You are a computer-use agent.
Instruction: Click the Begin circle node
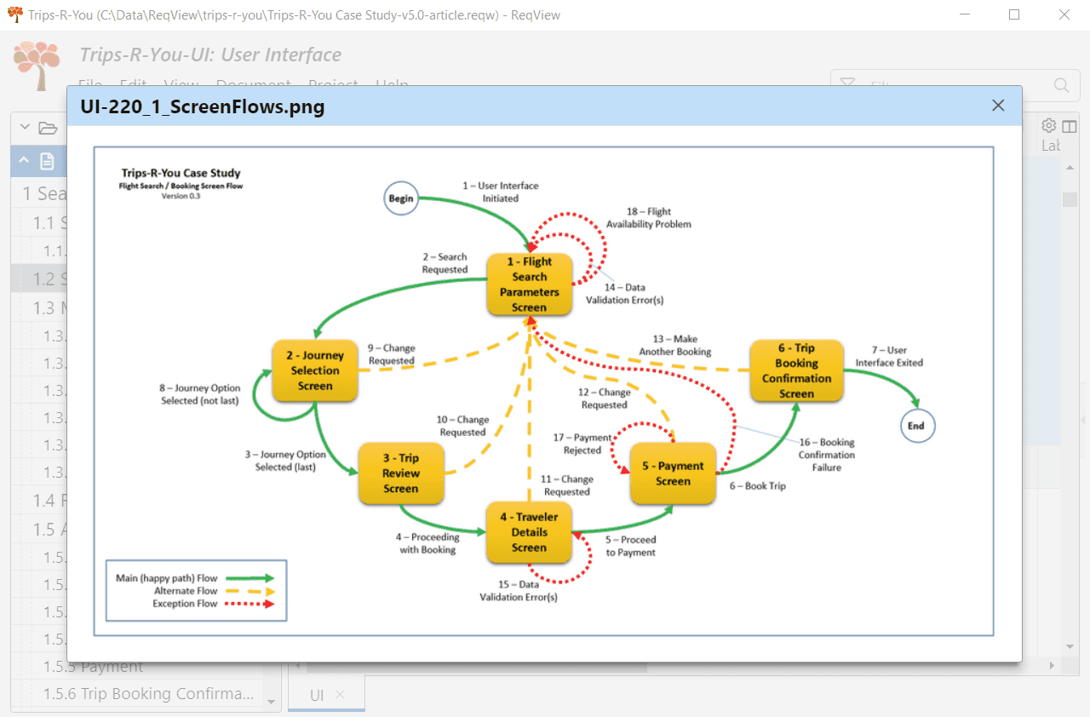pos(401,198)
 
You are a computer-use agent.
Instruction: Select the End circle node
pos(917,426)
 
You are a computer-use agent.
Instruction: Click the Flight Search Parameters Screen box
pos(529,284)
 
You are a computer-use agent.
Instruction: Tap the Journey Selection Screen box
pos(315,370)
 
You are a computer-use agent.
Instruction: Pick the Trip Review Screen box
pos(401,473)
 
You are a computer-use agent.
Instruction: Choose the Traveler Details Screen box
pos(529,532)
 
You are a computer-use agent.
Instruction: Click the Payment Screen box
pos(673,473)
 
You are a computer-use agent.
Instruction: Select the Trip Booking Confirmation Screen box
pos(796,370)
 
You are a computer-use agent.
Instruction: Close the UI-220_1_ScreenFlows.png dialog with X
pos(998,106)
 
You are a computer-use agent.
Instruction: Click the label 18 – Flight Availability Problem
pos(649,218)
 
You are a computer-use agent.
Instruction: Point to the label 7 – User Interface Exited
pos(889,356)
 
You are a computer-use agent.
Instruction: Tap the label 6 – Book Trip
pos(757,486)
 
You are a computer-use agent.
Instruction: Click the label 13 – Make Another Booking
pos(675,345)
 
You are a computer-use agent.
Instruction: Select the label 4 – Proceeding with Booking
pos(428,543)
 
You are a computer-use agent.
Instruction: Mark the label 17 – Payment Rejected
pos(582,444)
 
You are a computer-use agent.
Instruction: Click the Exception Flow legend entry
pos(186,604)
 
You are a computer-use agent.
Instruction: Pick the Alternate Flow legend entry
pos(186,591)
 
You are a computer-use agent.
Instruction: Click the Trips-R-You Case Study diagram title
pos(181,173)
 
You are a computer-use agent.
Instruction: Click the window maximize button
pos(1014,14)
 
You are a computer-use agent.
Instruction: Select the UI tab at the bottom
pos(317,695)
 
